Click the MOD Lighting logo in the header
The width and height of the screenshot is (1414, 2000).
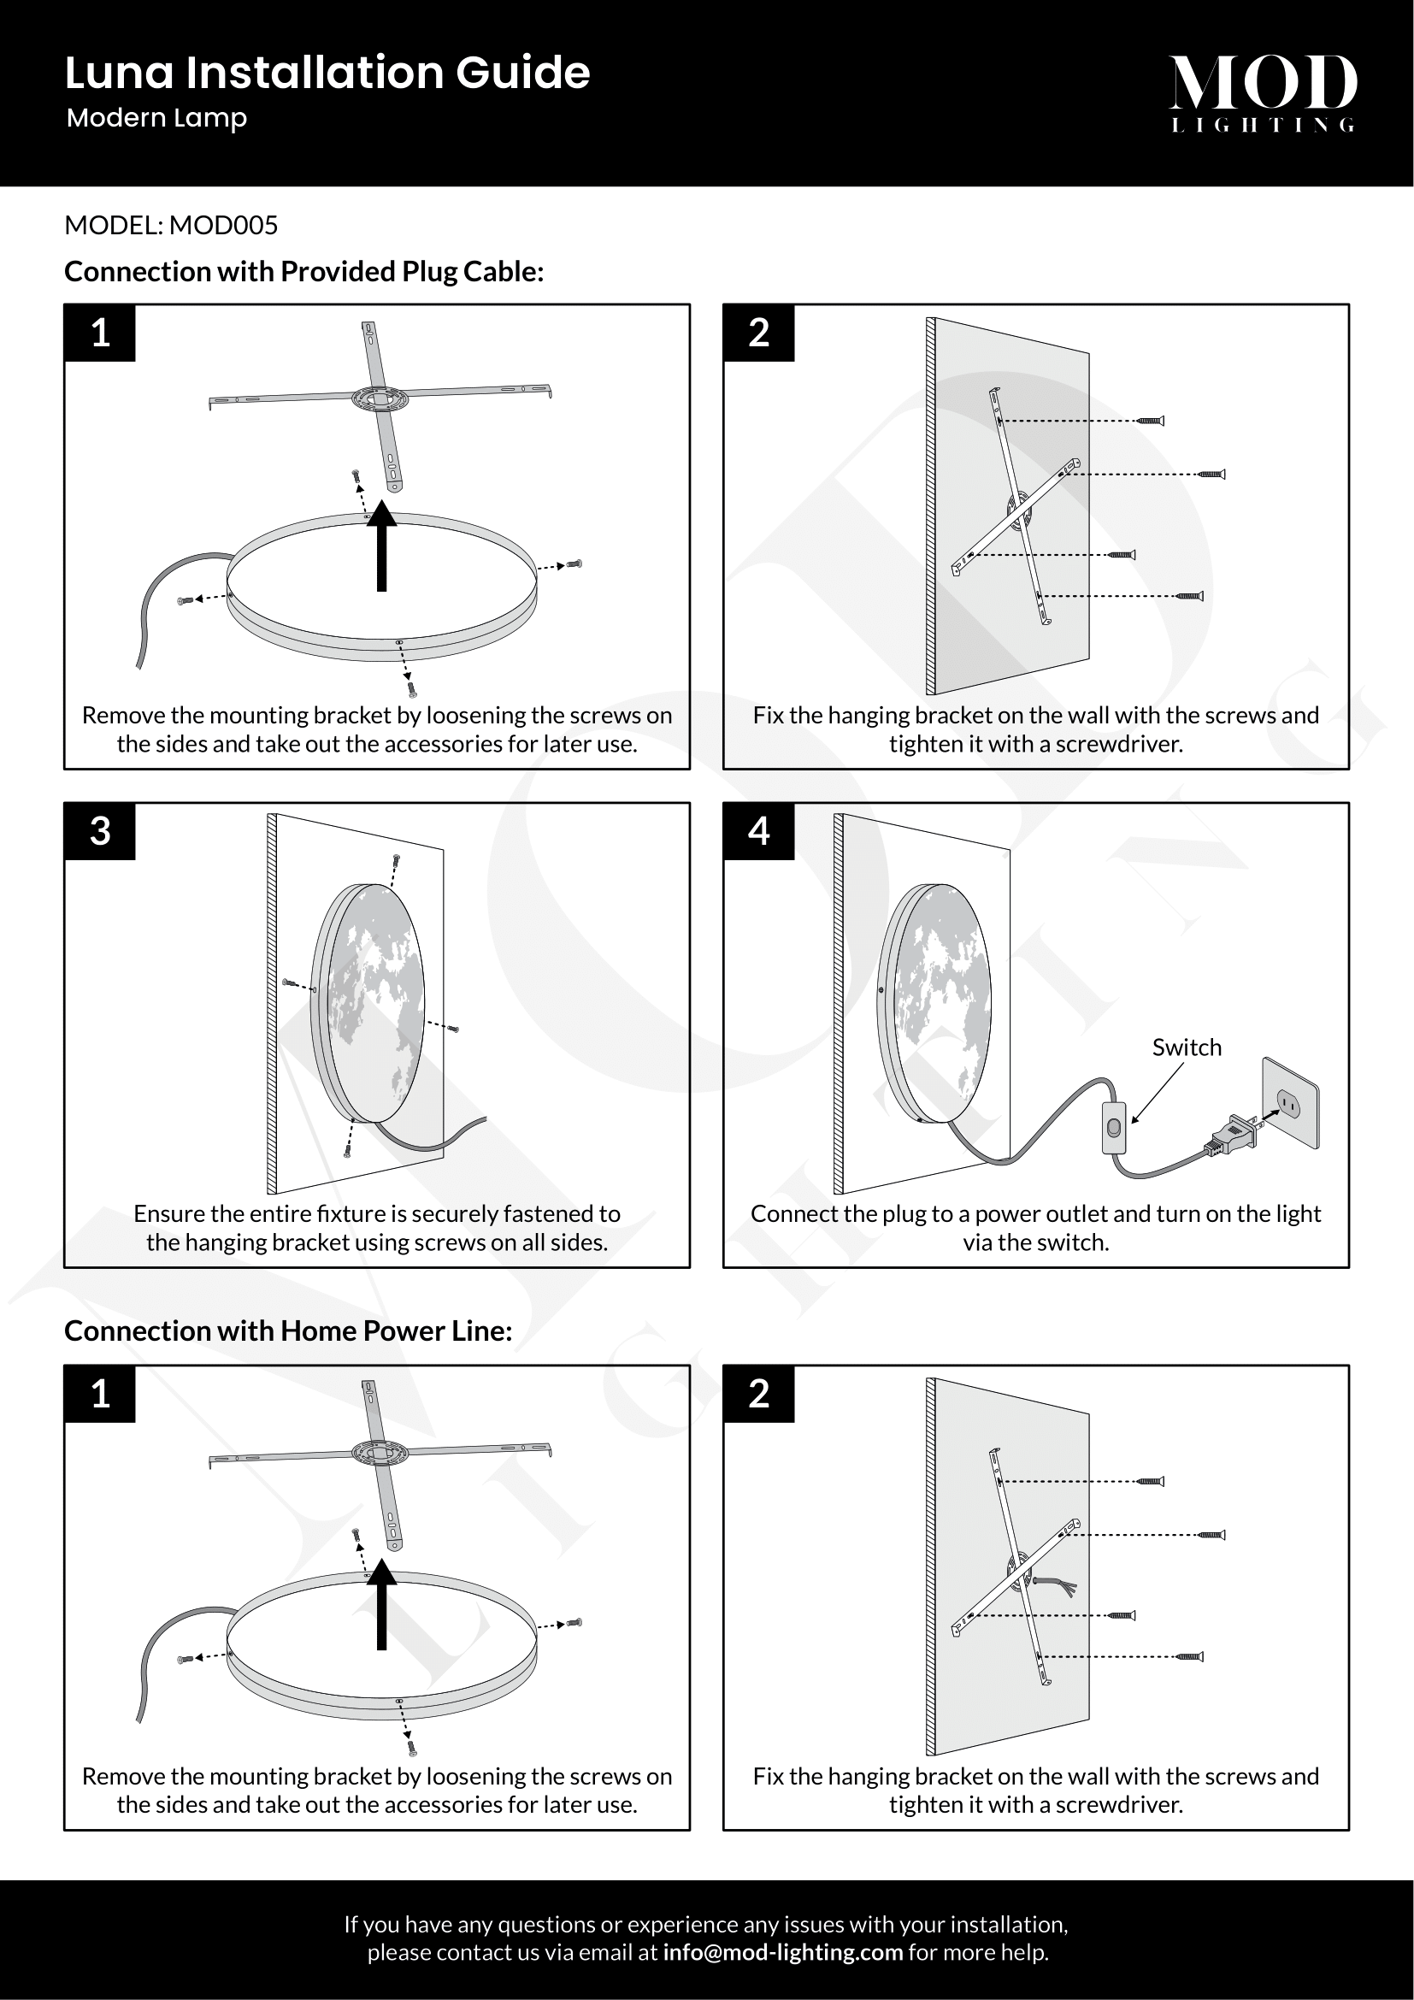coord(1263,92)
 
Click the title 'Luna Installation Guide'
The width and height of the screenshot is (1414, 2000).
coord(327,73)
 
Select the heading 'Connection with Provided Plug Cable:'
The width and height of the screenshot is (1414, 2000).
coord(303,272)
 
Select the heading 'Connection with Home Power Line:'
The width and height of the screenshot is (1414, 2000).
coord(288,1331)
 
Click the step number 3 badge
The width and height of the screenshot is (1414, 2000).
coord(100,831)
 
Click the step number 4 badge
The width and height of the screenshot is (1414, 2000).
coord(758,831)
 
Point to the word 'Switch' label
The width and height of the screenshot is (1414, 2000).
coord(1186,1047)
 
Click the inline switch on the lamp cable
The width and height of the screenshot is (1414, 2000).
coord(1114,1128)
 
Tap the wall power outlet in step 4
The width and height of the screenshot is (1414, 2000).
coord(1290,1103)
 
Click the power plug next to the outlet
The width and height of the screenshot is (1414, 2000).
coord(1232,1135)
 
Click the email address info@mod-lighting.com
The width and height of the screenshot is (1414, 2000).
coord(782,1952)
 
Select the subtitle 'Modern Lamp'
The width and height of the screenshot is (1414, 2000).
coord(156,118)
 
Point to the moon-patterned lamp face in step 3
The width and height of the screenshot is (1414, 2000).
coord(376,1007)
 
